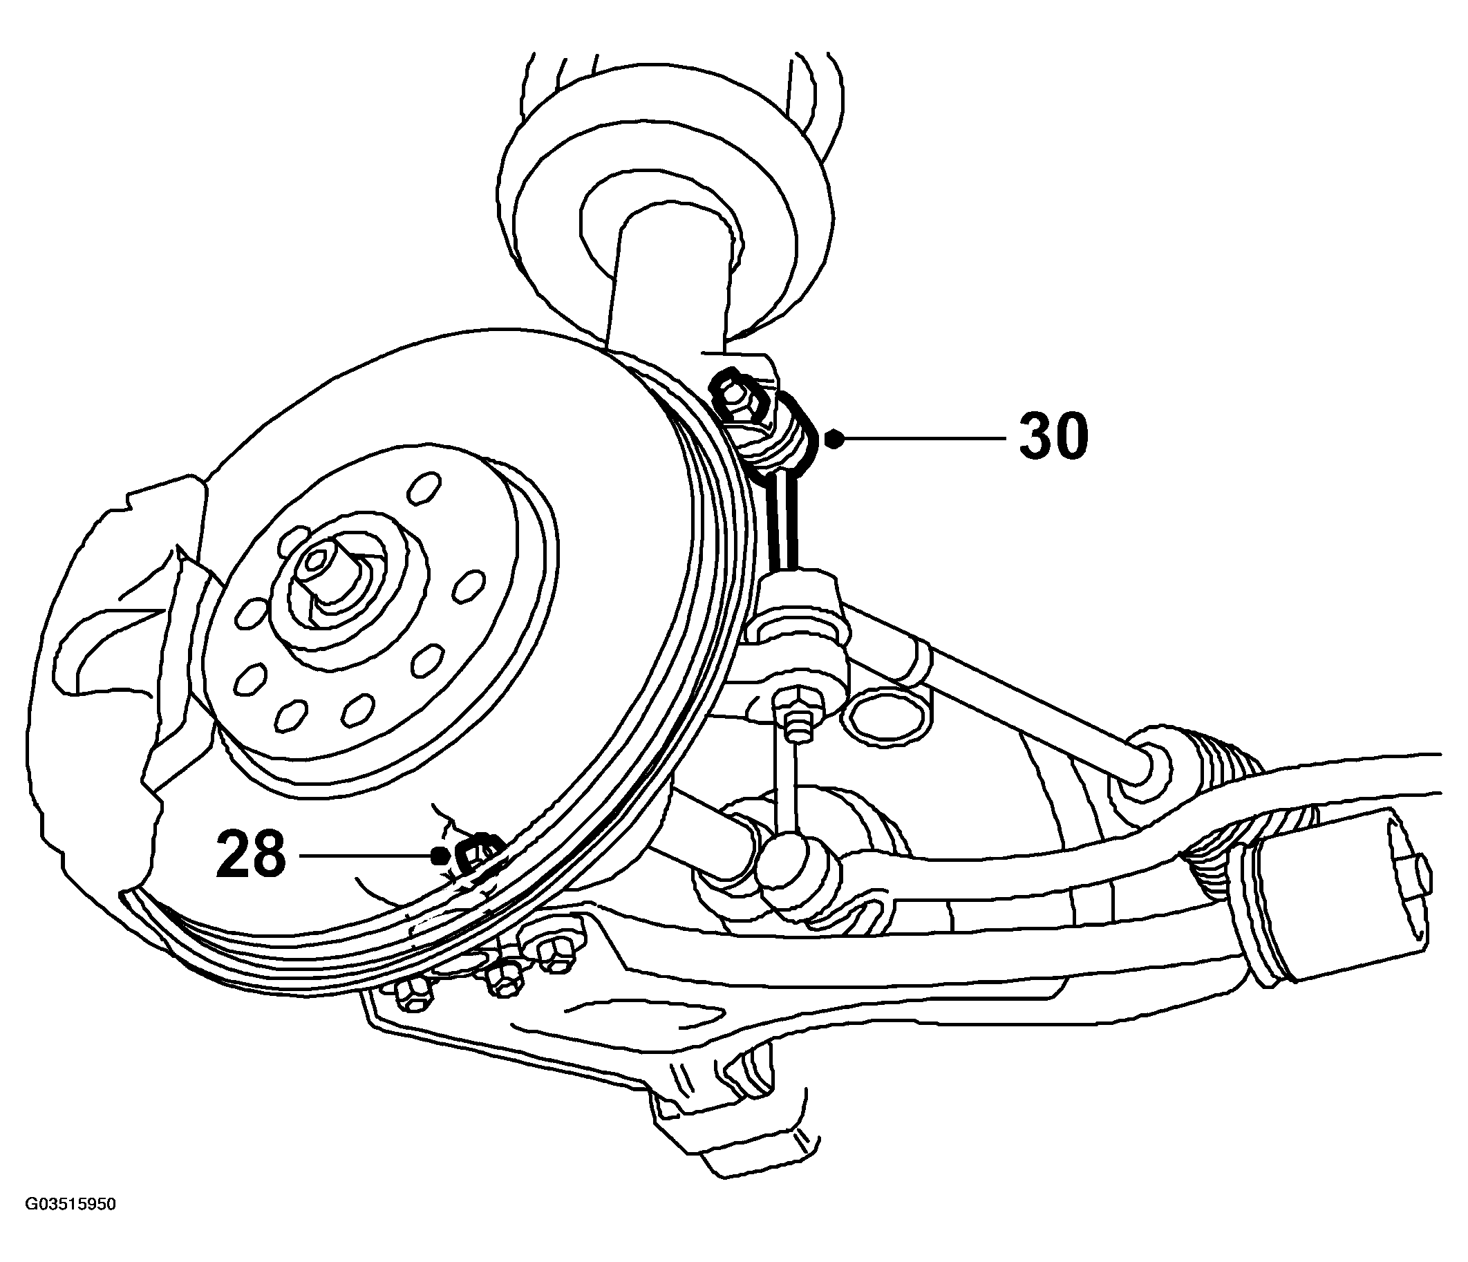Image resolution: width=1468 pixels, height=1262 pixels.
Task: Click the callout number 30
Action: [x=1053, y=437]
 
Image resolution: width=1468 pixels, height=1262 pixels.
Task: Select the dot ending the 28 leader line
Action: [x=440, y=855]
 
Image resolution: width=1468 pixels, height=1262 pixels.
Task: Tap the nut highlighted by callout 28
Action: [x=478, y=854]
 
